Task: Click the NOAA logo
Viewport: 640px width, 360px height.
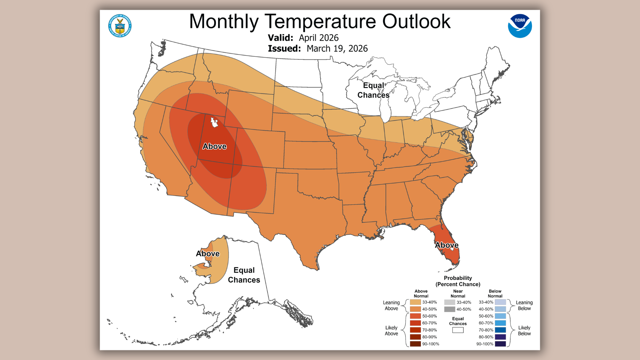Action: (x=520, y=26)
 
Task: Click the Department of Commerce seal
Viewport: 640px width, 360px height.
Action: (x=120, y=26)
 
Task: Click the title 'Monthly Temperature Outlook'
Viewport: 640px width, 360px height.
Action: (x=320, y=21)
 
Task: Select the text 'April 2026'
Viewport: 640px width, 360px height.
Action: (x=318, y=38)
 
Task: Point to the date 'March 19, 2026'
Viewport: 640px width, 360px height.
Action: (x=337, y=49)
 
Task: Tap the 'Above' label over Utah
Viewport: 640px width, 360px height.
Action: (x=214, y=146)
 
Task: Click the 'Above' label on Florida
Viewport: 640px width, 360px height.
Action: (x=447, y=245)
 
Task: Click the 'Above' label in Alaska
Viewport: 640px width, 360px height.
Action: (x=208, y=254)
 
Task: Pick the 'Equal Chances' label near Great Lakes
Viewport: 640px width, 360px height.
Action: (x=373, y=90)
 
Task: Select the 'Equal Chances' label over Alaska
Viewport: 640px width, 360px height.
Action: (x=244, y=275)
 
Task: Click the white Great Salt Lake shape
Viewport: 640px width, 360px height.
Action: (x=214, y=123)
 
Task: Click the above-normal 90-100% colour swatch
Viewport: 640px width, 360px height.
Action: (x=415, y=344)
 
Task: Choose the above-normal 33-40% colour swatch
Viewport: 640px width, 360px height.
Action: (x=415, y=302)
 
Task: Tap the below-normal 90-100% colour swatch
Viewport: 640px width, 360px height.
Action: (x=500, y=344)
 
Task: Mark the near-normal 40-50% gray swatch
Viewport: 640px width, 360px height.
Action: (x=449, y=309)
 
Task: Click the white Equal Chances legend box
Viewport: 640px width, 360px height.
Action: (x=458, y=330)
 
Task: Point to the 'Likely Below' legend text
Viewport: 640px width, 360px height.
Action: (x=524, y=331)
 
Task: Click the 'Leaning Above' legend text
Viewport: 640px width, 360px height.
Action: (x=391, y=305)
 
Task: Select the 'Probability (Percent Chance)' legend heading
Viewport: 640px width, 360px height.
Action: (x=458, y=281)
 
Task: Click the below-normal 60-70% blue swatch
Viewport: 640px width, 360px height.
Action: (x=500, y=323)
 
